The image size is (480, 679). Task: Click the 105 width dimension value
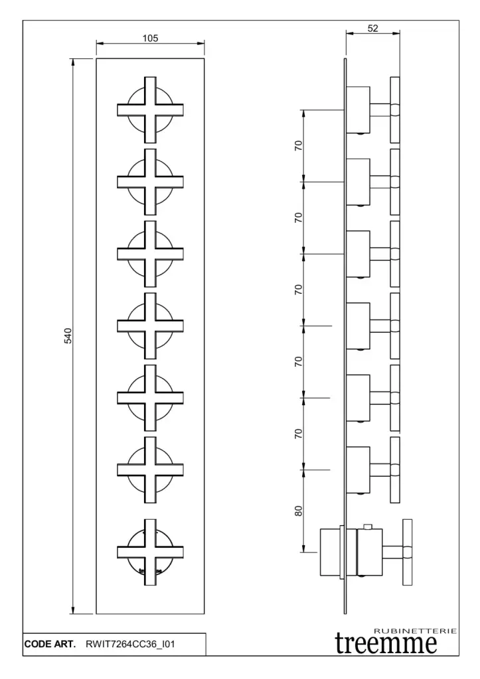click(x=150, y=38)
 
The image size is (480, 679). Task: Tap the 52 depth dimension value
click(x=372, y=27)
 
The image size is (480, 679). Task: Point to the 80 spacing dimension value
click(x=299, y=511)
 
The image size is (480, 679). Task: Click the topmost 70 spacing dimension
click(x=299, y=145)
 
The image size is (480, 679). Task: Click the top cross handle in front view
click(x=150, y=109)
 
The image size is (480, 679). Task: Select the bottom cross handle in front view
click(x=150, y=552)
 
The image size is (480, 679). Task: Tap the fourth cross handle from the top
click(x=150, y=326)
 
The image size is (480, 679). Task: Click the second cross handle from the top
click(x=150, y=182)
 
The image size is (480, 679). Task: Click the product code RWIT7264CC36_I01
click(x=131, y=643)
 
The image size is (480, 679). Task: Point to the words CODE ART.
click(x=50, y=643)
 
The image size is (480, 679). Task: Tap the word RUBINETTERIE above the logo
click(x=416, y=631)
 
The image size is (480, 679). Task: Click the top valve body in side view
click(x=359, y=109)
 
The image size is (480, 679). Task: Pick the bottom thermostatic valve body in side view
click(x=349, y=550)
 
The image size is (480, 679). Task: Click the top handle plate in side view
click(x=395, y=109)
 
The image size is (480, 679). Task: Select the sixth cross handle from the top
click(x=150, y=469)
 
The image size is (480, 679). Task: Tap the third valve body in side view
click(x=359, y=253)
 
